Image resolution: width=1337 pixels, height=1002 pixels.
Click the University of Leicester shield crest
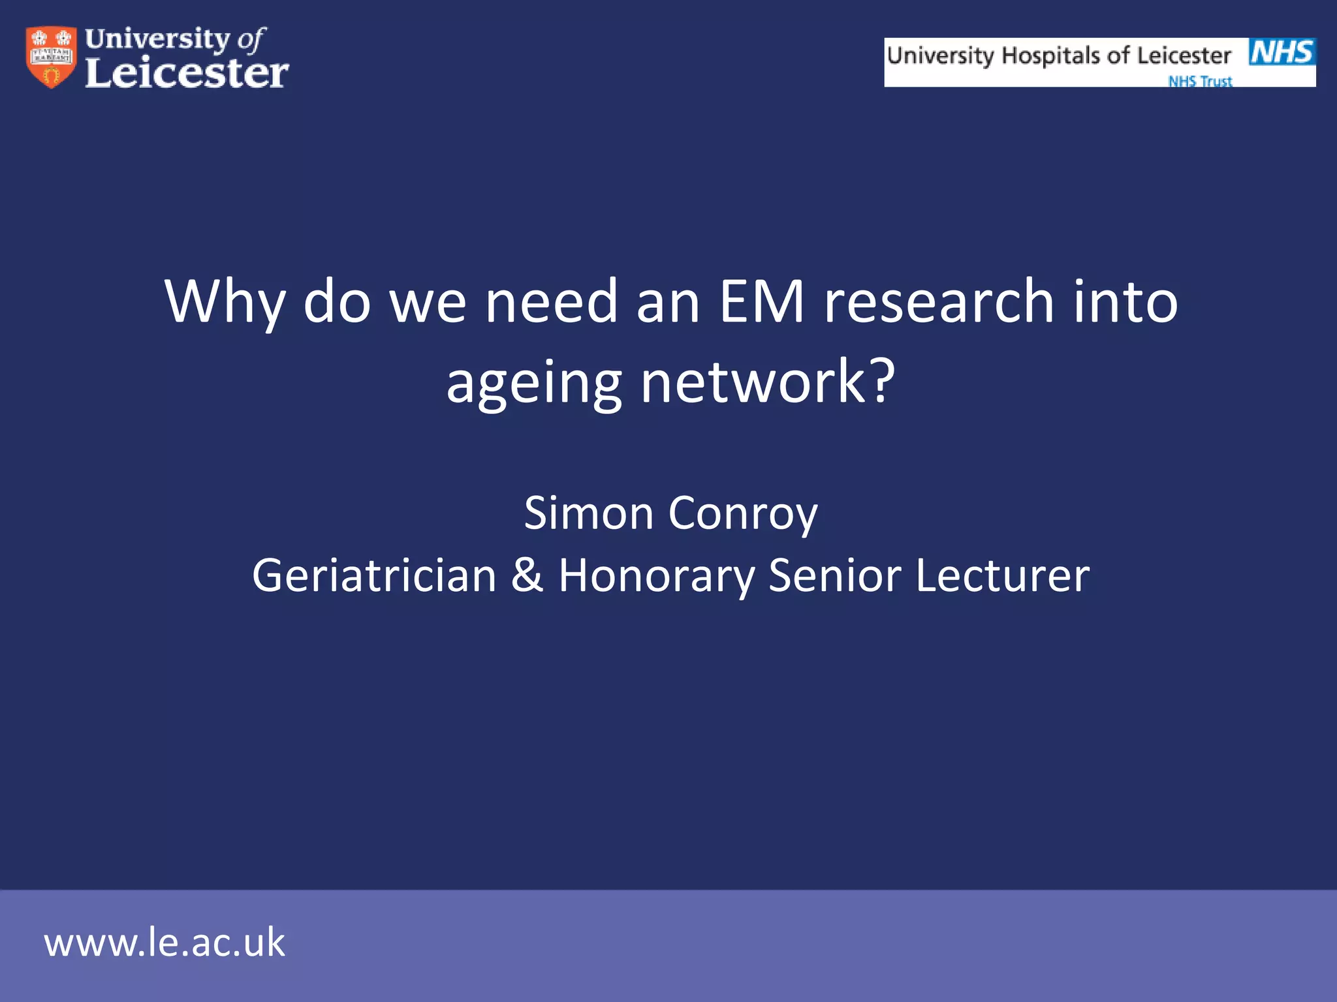point(51,57)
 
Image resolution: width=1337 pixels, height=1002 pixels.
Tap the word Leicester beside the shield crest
point(187,72)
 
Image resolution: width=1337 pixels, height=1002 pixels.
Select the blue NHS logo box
point(1282,52)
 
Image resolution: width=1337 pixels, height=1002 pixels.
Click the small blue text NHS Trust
point(1200,81)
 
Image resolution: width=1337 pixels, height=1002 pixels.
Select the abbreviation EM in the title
point(761,301)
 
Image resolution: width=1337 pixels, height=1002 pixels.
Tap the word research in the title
point(939,301)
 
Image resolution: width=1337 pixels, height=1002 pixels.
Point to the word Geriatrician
point(374,575)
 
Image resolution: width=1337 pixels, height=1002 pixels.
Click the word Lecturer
point(1002,575)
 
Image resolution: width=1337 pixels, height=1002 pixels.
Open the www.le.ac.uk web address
point(165,943)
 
